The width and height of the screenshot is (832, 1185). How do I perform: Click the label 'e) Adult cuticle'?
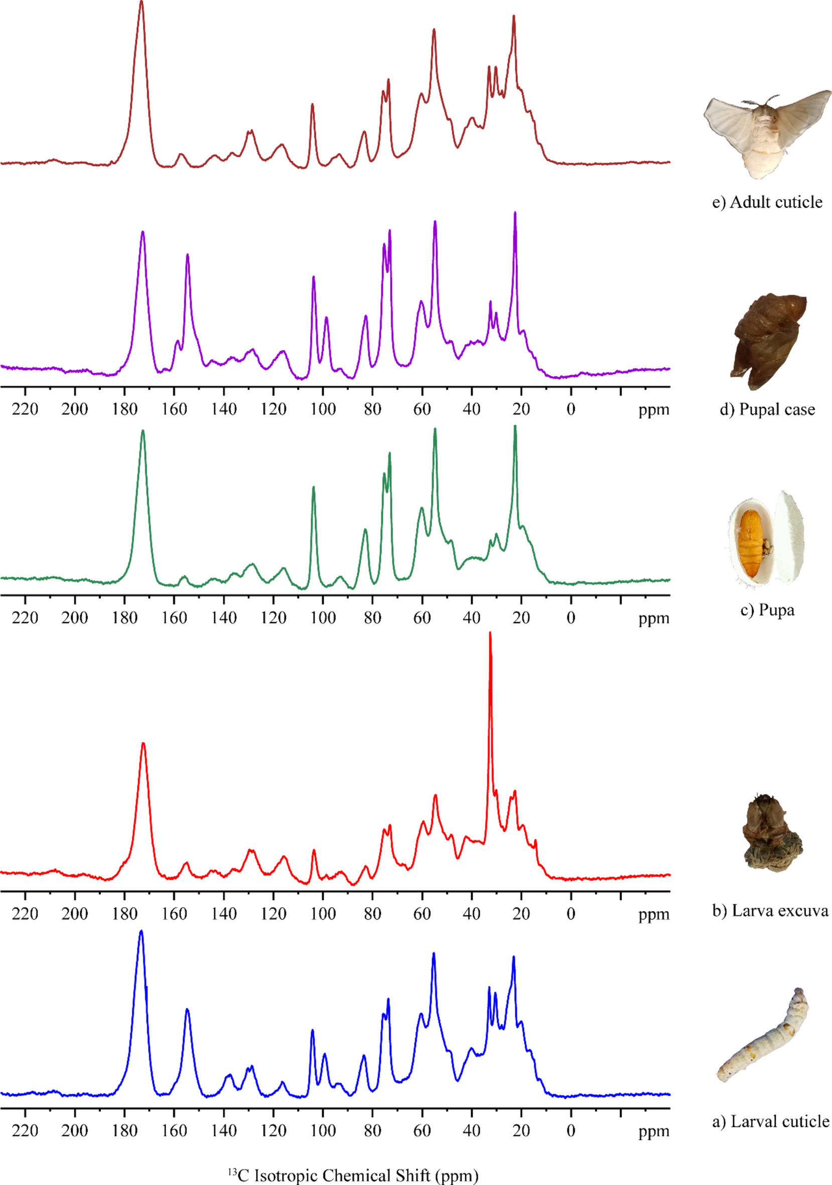point(767,202)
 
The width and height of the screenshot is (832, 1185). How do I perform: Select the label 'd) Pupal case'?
point(767,410)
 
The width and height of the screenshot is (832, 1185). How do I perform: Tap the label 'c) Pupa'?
point(767,611)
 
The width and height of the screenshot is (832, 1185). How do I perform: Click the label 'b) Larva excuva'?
point(770,911)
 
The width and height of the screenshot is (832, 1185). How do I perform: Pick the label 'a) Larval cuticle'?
point(770,1121)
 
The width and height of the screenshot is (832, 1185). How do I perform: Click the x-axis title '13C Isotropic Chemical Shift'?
point(353,1174)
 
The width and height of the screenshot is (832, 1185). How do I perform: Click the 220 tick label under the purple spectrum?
point(25,410)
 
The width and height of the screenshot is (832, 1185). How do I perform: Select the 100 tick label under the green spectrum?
point(323,618)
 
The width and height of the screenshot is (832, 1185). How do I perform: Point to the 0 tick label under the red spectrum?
point(571,914)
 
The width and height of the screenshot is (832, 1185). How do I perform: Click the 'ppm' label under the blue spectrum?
point(653,1131)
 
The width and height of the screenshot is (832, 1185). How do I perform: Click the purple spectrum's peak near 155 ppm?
point(187,256)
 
